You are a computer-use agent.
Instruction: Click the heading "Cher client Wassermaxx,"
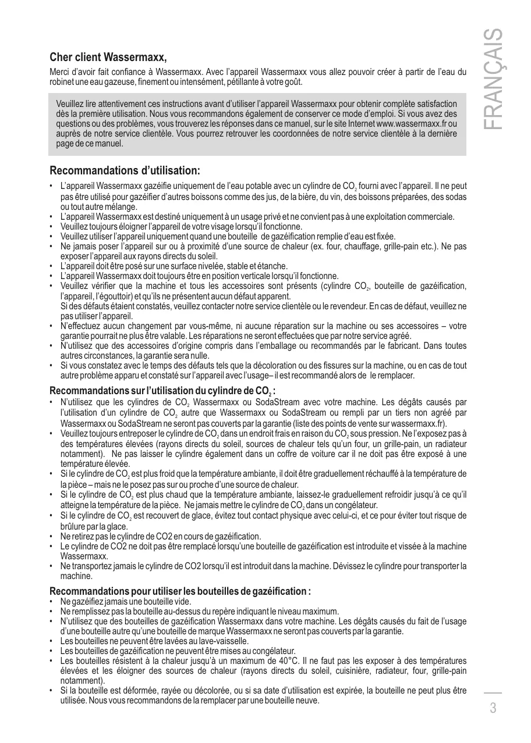pyautogui.click(x=108, y=57)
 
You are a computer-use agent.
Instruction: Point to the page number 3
pyautogui.click(x=493, y=708)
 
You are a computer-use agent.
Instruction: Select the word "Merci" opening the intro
pyautogui.click(x=61, y=73)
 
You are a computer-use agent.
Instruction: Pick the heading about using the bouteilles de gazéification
pyautogui.click(x=180, y=591)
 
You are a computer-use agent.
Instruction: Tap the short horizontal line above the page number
pyautogui.click(x=493, y=692)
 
